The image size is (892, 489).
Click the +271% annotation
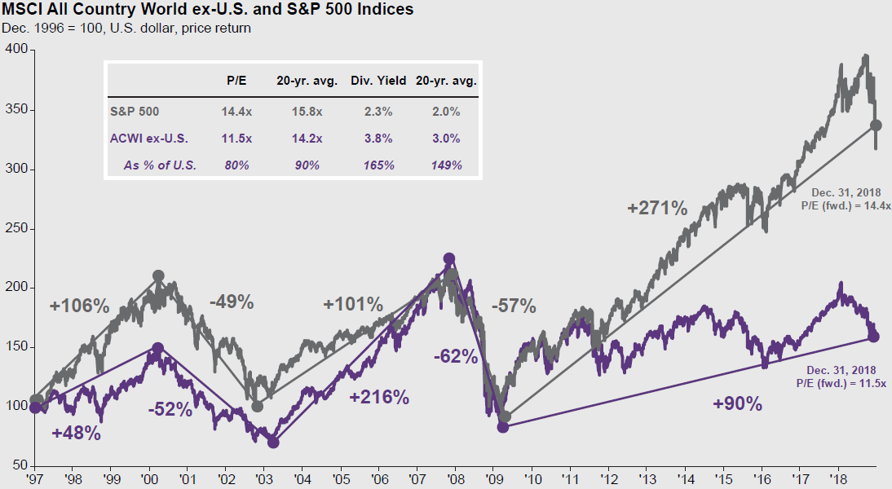[658, 208]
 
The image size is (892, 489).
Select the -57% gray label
[514, 306]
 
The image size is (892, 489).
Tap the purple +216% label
[378, 398]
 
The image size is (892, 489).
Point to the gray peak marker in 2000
[158, 276]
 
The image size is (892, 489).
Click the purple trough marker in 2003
[273, 443]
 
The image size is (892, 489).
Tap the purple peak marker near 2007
[448, 258]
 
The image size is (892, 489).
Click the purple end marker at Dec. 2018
[873, 336]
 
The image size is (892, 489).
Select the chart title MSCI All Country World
[207, 11]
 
